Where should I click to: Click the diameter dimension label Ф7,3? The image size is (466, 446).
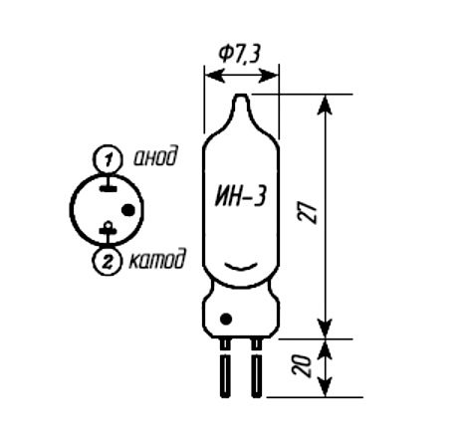(x=239, y=54)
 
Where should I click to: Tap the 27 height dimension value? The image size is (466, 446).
(x=308, y=212)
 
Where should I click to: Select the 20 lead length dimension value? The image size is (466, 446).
(x=302, y=365)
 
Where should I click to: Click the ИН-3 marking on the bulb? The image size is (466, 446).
(x=240, y=196)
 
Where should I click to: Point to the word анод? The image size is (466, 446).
(x=155, y=156)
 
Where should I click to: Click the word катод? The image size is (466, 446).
(x=156, y=259)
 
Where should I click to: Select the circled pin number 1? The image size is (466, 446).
(x=108, y=159)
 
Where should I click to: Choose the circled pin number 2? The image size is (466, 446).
(x=107, y=262)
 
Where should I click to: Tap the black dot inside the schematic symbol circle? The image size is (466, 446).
(x=127, y=210)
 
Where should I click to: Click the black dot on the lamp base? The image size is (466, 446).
(x=226, y=319)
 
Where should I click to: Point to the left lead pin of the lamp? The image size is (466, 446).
(x=225, y=367)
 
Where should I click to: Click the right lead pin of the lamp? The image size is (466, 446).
(x=256, y=367)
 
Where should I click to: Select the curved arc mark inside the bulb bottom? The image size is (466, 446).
(x=241, y=267)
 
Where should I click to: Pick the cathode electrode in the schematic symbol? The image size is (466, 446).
(x=108, y=229)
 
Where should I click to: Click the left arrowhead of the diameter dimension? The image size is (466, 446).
(x=213, y=76)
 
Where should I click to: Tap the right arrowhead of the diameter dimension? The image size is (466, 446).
(x=270, y=76)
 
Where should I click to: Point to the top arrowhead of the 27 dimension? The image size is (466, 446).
(x=325, y=105)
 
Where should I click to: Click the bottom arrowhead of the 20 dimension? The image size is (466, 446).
(x=325, y=386)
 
